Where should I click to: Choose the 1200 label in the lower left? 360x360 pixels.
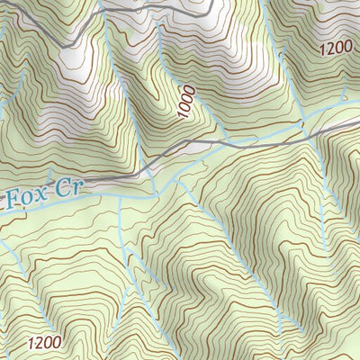(x=44, y=342)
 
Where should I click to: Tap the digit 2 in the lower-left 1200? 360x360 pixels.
(x=39, y=342)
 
